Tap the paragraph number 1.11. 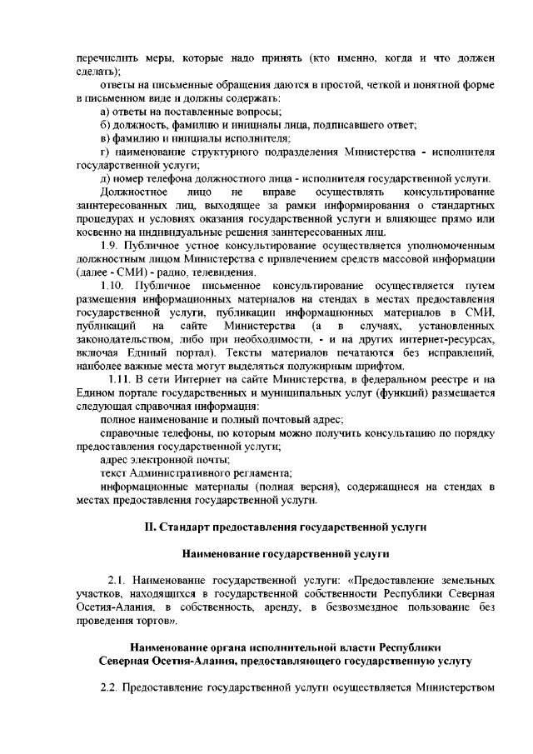coord(117,379)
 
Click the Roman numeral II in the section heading coord(151,527)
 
